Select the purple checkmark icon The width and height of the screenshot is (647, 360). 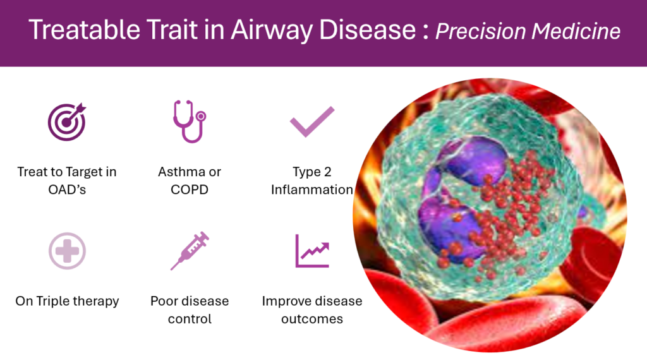click(x=312, y=121)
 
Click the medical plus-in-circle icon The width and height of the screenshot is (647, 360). click(x=67, y=251)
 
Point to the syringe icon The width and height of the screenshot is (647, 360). click(x=190, y=251)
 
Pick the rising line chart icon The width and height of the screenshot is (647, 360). click(x=312, y=251)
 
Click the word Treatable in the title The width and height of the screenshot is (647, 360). click(x=85, y=30)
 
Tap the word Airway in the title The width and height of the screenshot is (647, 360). click(x=271, y=31)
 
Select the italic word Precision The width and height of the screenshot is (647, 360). click(x=480, y=32)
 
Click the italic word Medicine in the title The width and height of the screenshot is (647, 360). click(x=576, y=32)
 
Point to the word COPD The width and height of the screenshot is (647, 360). click(x=190, y=189)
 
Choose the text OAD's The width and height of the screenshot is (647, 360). click(x=67, y=189)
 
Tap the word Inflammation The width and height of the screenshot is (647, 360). click(x=312, y=189)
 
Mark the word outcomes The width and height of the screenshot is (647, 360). click(x=312, y=319)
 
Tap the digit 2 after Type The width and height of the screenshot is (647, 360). click(x=328, y=172)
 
